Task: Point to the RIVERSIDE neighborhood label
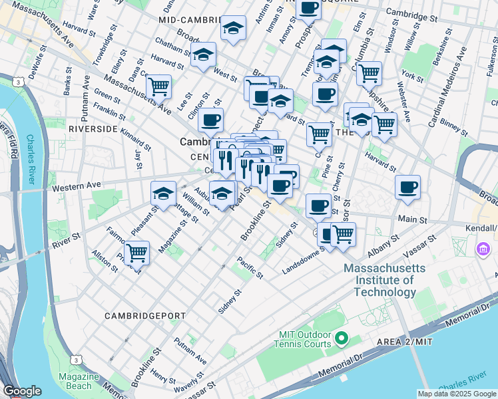tap(93, 129)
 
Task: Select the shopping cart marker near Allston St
tap(136, 252)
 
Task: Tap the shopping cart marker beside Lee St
tap(158, 86)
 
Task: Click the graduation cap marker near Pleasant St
tap(164, 194)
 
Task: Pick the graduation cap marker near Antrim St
tap(233, 28)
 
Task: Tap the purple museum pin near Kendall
tap(482, 250)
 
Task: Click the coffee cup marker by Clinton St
tap(211, 120)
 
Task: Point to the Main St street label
tap(413, 219)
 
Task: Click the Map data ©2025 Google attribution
tap(457, 394)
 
